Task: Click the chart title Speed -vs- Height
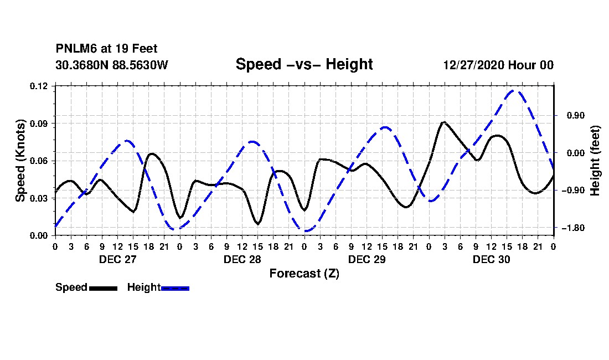[x=304, y=64]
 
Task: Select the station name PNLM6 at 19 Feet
[x=106, y=49]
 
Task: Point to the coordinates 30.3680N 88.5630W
[x=111, y=65]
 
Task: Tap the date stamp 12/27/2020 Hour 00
[x=498, y=65]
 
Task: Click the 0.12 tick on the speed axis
[x=39, y=86]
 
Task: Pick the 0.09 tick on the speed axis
[x=39, y=124]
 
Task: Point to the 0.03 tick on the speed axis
[x=39, y=198]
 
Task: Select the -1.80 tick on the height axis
[x=573, y=228]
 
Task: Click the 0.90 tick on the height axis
[x=576, y=116]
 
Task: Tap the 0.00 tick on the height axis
[x=576, y=153]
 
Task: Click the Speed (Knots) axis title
[x=20, y=161]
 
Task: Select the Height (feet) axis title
[x=595, y=161]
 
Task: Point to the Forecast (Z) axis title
[x=304, y=274]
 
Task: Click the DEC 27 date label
[x=118, y=259]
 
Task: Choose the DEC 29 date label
[x=367, y=259]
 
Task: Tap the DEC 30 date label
[x=491, y=259]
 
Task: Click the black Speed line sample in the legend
[x=103, y=288]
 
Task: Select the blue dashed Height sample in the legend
[x=175, y=288]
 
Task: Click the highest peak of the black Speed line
[x=443, y=122]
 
